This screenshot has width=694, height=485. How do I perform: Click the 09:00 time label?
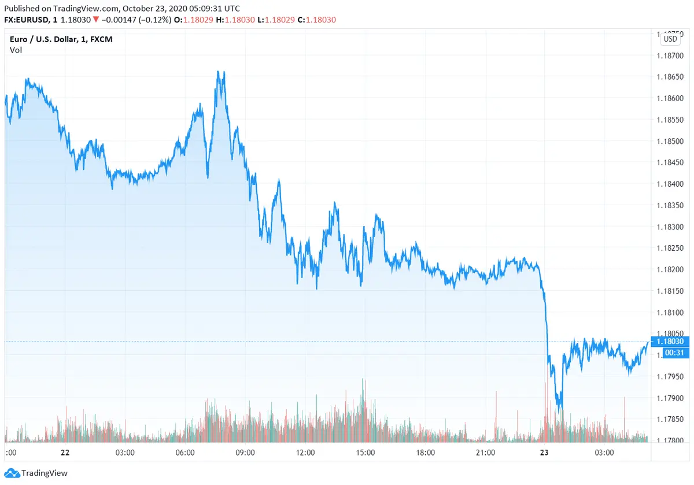click(x=245, y=453)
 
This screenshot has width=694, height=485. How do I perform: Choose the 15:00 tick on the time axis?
click(x=366, y=453)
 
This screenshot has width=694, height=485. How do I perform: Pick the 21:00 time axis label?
click(x=485, y=453)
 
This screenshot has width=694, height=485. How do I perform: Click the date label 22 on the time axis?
click(x=65, y=453)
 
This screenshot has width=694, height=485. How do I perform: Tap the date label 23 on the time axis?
click(x=544, y=453)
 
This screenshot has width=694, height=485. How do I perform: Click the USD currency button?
click(x=670, y=39)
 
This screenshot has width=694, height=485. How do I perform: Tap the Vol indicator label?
click(x=16, y=50)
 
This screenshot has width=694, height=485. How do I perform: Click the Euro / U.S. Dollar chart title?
click(x=53, y=39)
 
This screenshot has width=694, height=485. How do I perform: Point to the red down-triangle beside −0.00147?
click(x=96, y=20)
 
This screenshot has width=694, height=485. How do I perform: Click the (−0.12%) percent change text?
click(x=152, y=20)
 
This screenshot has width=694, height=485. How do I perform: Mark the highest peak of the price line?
click(x=219, y=71)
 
